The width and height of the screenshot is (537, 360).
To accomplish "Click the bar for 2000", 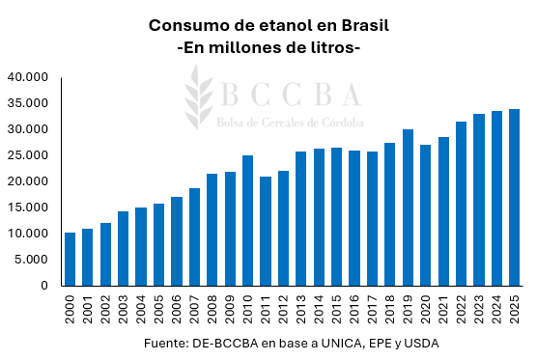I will [71, 259].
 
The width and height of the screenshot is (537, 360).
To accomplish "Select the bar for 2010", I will [248, 220].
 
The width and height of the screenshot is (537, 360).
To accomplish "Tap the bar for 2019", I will [408, 208].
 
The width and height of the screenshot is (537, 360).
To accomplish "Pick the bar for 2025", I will [514, 197].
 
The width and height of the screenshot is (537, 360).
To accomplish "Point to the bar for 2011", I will [266, 231].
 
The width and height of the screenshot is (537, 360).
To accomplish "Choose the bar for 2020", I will [425, 215].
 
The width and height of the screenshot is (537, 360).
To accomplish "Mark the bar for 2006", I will [177, 241].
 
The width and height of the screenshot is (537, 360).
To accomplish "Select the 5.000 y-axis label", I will [31, 260].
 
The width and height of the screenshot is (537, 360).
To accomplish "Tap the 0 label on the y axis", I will [44, 286].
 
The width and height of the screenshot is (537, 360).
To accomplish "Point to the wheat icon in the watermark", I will [200, 97].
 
